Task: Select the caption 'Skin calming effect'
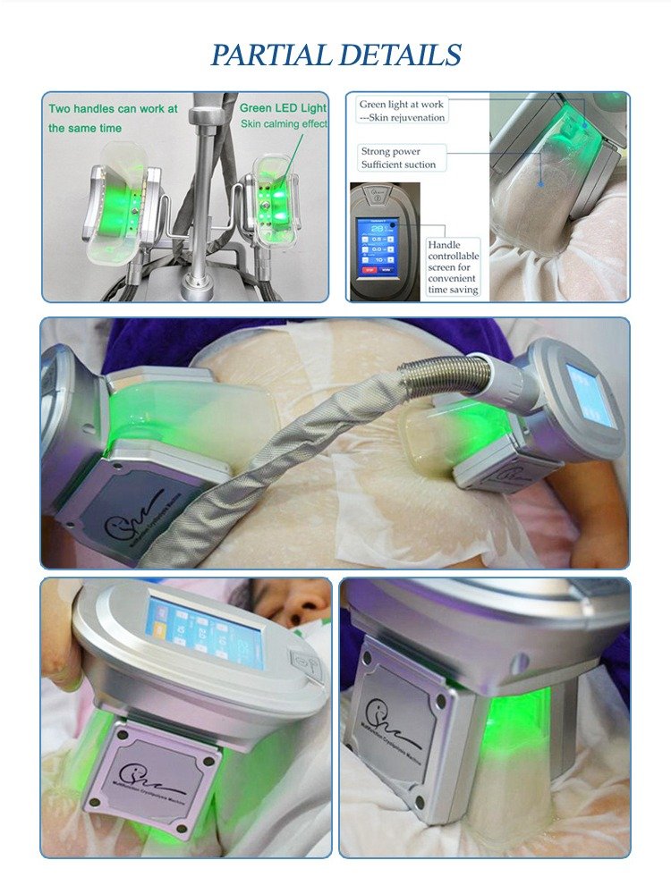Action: point(284,123)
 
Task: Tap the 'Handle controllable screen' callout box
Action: point(453,266)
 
